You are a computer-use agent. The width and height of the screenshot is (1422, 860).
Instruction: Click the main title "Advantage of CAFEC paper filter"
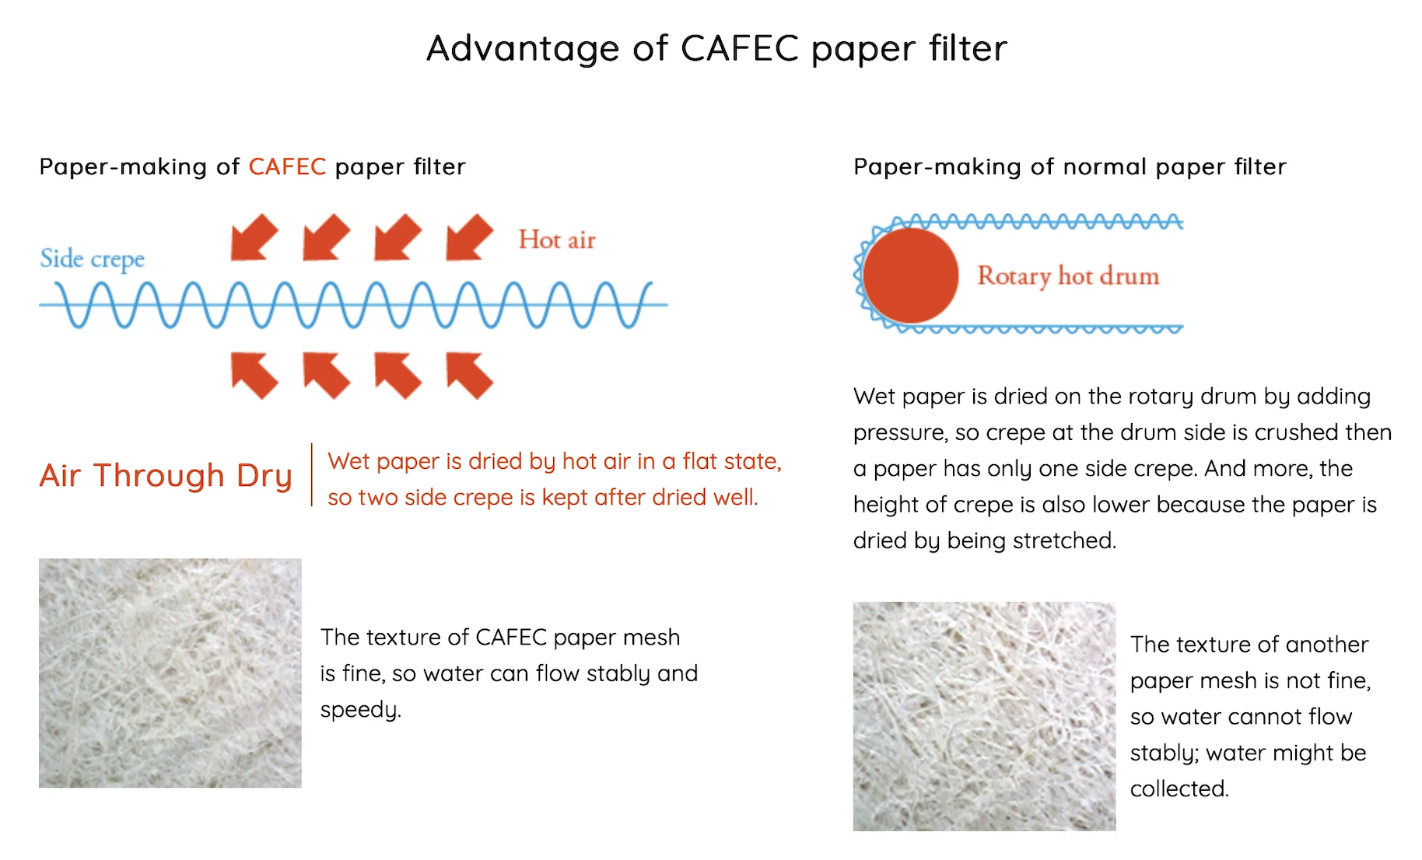click(716, 48)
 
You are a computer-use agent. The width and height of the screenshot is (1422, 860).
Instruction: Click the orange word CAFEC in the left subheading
click(287, 166)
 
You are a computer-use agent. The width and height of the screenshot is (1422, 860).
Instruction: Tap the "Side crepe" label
click(92, 259)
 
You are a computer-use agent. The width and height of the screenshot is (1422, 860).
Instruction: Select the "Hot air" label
click(557, 239)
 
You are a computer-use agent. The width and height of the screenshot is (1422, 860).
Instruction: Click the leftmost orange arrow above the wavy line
click(254, 236)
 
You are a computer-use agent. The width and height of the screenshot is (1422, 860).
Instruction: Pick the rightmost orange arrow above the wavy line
click(469, 236)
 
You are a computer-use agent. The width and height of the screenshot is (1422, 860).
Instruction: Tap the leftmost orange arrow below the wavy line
click(254, 375)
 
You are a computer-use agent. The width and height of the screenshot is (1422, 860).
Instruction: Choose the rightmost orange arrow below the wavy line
click(469, 375)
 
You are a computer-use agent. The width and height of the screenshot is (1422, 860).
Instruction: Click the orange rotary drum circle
click(910, 275)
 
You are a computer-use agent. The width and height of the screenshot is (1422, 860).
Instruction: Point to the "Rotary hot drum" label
click(1068, 276)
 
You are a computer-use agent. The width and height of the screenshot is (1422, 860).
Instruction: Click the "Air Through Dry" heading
click(166, 475)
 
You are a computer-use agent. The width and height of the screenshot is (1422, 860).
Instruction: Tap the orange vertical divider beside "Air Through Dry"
click(311, 475)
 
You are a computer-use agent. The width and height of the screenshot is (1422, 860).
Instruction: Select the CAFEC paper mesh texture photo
click(170, 673)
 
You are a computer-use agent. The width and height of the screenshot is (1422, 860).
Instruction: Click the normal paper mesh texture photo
click(984, 716)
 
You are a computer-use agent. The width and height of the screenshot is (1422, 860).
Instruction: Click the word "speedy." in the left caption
click(360, 710)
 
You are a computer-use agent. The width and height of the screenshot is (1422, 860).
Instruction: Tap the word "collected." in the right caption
click(1179, 788)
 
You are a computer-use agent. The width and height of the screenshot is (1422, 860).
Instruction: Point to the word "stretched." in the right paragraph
click(1070, 540)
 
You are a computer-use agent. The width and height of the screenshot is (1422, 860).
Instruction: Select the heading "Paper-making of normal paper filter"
click(1070, 166)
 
